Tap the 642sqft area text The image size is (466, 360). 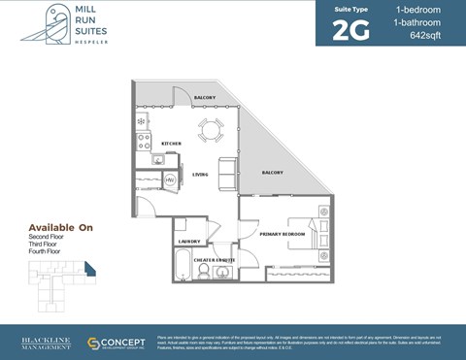click(x=425, y=36)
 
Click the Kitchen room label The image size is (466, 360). click(x=171, y=144)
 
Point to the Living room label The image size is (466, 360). click(x=200, y=175)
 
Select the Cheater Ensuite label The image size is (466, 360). click(x=216, y=260)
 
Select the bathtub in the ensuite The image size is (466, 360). click(x=183, y=265)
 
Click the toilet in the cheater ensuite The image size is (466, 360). click(x=205, y=271)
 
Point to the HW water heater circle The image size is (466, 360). click(x=169, y=180)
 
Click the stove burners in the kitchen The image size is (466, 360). click(x=143, y=141)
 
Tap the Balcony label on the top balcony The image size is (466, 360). click(x=204, y=98)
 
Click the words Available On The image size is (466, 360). click(x=60, y=227)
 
